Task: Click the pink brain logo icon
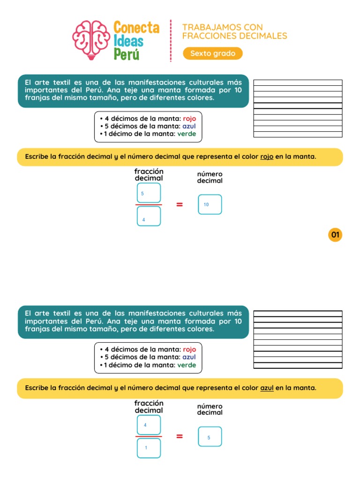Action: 91,40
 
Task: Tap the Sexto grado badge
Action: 213,53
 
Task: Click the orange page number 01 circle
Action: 335,234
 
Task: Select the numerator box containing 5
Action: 149,193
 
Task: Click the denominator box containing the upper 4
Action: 149,217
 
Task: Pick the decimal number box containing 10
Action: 210,204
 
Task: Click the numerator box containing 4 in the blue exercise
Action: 149,425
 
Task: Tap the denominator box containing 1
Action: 149,448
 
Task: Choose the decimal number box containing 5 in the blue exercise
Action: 210,437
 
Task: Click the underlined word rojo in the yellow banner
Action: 267,157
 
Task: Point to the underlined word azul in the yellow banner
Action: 267,388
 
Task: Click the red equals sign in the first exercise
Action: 180,204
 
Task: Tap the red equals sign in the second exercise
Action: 180,436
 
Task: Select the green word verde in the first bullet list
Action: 187,134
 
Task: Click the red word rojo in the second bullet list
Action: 189,349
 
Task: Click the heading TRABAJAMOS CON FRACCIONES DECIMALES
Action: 234,31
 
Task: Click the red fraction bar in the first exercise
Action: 149,205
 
